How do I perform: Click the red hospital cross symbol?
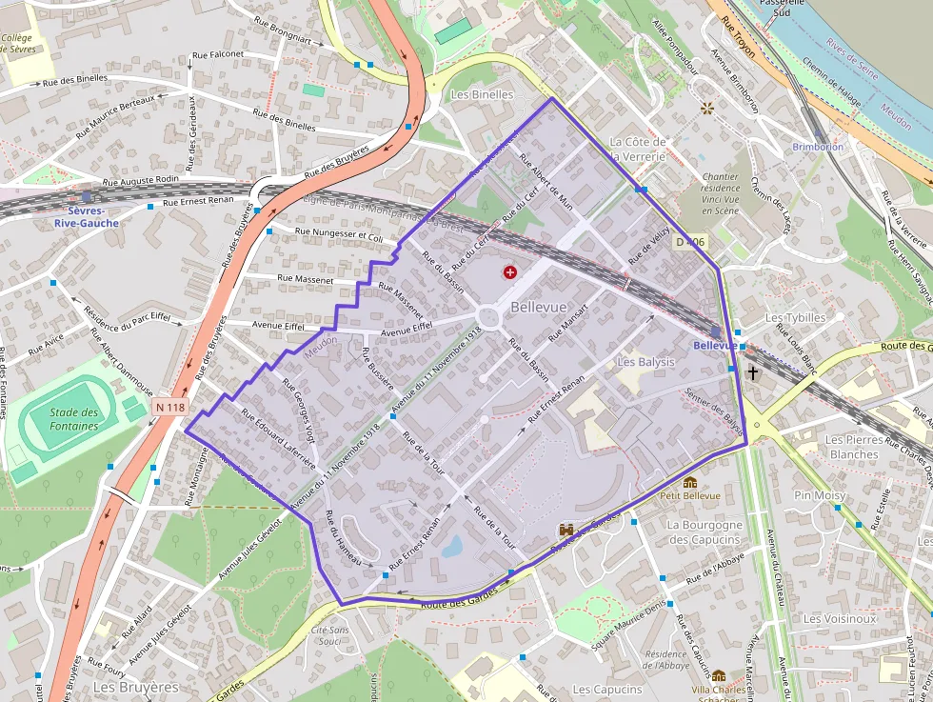pos(510,273)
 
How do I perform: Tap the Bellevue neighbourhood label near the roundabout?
pos(538,307)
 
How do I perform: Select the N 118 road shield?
pos(169,407)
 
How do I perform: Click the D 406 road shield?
pos(692,243)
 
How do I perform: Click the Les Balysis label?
pos(645,362)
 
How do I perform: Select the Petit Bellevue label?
pos(690,495)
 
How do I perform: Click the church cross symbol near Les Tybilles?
pos(753,373)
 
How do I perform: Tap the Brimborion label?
pos(818,147)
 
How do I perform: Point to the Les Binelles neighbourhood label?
pos(482,94)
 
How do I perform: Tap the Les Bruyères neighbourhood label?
pos(136,687)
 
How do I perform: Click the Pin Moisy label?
pos(820,495)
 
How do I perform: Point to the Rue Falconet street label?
pos(218,55)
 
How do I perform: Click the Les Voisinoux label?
pos(839,618)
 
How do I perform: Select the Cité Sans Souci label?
pos(330,635)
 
